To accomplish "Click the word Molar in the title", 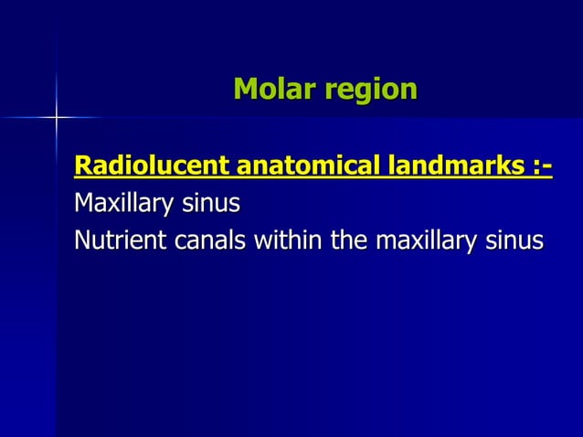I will (270, 89).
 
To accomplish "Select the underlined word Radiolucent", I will (153, 168).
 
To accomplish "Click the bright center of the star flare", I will (56, 118).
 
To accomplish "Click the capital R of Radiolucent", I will (82, 168).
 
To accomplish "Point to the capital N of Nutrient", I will (83, 240).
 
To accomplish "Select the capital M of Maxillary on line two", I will (85, 201).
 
